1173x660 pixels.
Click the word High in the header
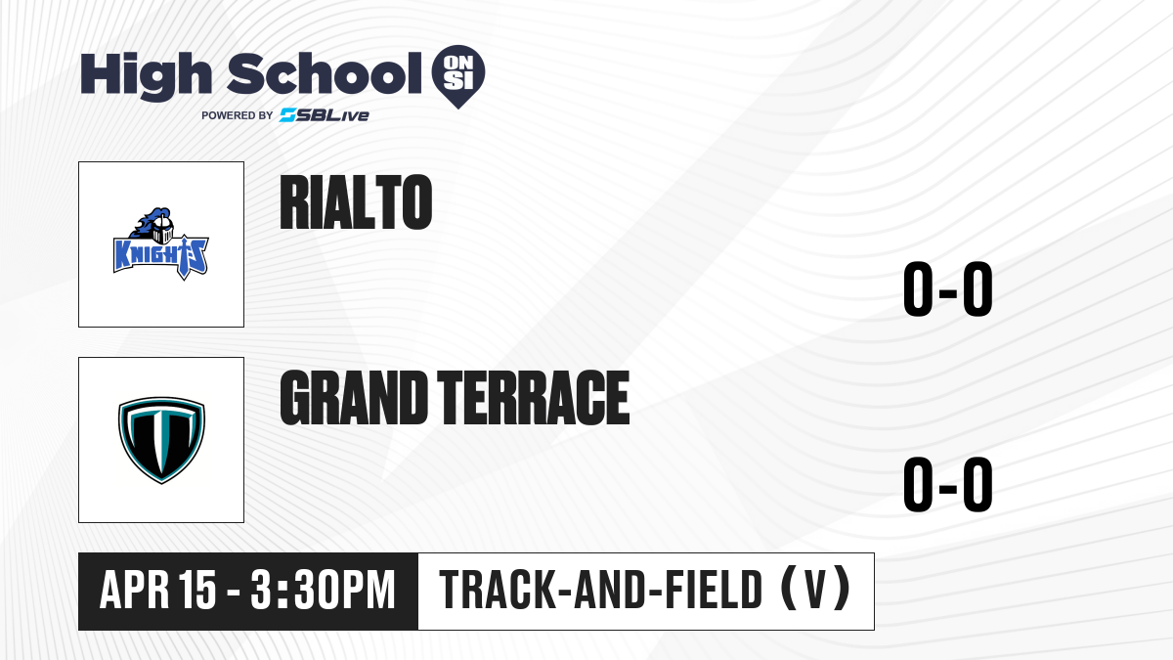(x=146, y=75)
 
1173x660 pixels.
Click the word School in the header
(x=325, y=72)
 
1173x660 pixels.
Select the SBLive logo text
(x=325, y=115)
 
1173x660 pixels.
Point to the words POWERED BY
(x=238, y=115)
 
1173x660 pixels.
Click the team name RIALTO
(x=356, y=201)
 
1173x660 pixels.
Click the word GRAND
(x=354, y=398)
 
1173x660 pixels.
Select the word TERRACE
(x=533, y=398)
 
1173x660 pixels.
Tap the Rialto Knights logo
(x=161, y=244)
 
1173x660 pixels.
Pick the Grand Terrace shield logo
(x=161, y=440)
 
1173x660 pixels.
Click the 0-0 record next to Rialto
(x=948, y=289)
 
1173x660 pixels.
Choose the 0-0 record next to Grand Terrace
(x=948, y=485)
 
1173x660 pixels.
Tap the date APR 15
(x=157, y=591)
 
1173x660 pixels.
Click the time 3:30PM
(x=323, y=591)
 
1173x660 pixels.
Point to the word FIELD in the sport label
(x=715, y=591)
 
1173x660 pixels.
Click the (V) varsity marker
(x=816, y=590)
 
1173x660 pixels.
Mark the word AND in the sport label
(x=611, y=591)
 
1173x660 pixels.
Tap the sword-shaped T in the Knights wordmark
(x=185, y=258)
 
